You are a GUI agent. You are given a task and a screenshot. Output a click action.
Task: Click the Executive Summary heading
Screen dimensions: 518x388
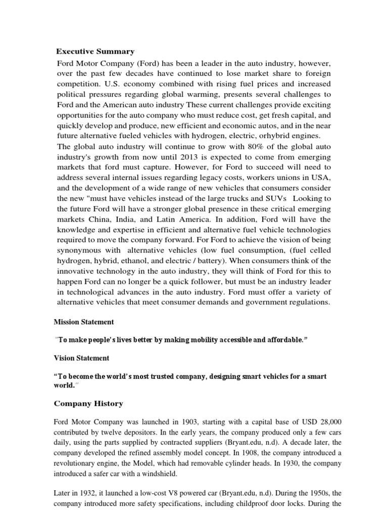(95, 51)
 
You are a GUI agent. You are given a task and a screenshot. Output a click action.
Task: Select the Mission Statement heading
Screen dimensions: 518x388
(83, 322)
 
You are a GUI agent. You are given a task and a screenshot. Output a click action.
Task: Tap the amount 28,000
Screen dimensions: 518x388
(331, 422)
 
